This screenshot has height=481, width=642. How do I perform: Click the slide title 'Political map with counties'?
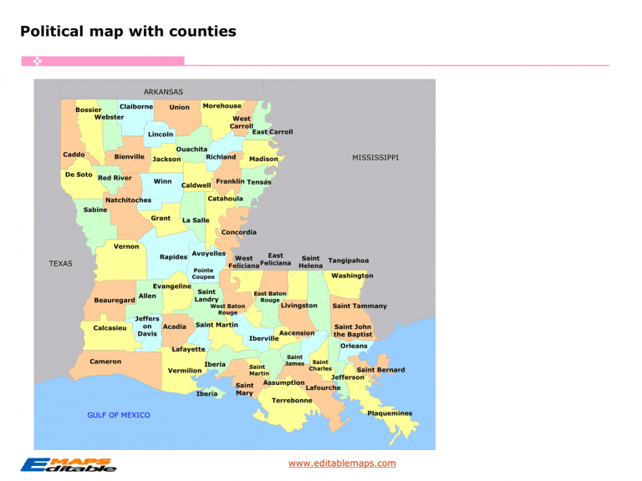[128, 32]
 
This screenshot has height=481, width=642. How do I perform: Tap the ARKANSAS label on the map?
[163, 92]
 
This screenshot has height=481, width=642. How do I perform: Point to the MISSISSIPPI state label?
[375, 157]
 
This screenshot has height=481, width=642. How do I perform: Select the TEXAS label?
[61, 263]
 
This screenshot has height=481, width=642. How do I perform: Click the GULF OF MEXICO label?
[119, 415]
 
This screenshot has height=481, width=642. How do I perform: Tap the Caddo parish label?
[74, 154]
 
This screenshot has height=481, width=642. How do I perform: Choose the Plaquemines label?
[390, 413]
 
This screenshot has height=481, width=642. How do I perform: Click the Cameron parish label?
[105, 362]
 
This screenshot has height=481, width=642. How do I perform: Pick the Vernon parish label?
[126, 246]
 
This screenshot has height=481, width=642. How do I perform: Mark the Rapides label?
[173, 256]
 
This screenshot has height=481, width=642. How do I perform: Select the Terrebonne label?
[292, 400]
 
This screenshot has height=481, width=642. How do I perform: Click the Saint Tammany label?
[359, 306]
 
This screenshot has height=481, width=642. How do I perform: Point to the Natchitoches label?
[128, 200]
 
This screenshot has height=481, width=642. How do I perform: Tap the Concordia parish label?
[239, 231]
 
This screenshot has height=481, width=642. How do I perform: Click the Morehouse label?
[222, 106]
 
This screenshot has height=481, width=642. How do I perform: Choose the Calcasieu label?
[110, 328]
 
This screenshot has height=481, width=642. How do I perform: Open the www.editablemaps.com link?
[342, 463]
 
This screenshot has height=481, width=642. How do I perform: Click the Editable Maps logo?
[69, 465]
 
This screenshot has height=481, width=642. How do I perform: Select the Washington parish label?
[352, 276]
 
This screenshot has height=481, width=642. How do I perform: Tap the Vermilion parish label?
[185, 370]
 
